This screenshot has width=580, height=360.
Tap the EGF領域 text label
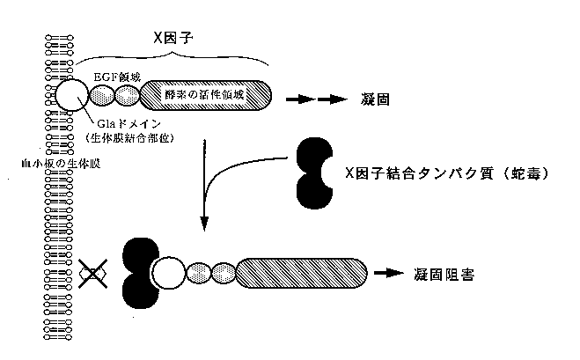[x=119, y=77]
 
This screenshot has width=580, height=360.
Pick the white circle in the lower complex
[x=170, y=274]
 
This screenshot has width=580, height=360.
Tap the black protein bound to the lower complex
[x=139, y=274]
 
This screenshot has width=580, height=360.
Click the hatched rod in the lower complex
[x=301, y=274]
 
